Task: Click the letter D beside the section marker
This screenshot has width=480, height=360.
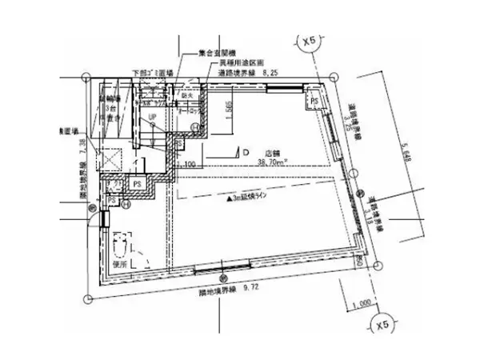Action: (246, 149)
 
